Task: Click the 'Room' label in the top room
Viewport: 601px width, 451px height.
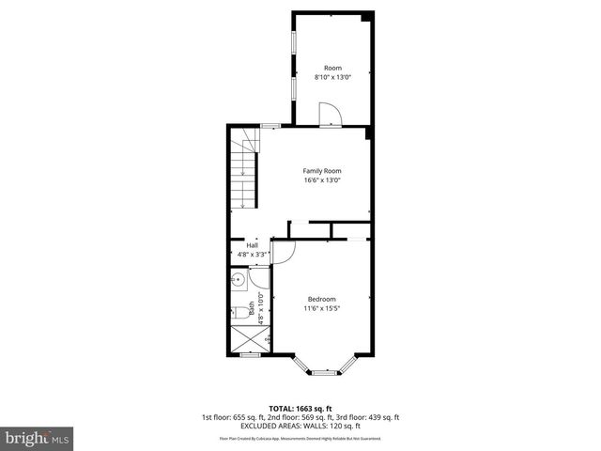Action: tap(332, 68)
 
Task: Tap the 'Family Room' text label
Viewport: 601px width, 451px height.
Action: tap(321, 170)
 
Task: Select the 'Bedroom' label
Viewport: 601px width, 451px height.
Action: tap(321, 299)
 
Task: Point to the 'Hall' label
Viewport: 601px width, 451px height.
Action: tap(252, 244)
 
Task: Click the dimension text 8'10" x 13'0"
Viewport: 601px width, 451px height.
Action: tap(332, 78)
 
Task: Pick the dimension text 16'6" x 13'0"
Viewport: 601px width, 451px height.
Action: tap(321, 180)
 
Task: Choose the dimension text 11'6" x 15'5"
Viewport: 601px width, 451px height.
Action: tap(321, 308)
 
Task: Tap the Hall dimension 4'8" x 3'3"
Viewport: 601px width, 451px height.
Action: tap(252, 254)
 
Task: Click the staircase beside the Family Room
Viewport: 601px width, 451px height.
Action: tap(243, 171)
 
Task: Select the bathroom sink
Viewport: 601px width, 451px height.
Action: tap(239, 280)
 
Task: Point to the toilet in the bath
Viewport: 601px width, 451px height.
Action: tap(239, 312)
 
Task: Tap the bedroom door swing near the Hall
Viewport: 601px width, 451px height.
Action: tap(285, 251)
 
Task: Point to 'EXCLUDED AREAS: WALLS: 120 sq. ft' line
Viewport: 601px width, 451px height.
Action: tap(300, 427)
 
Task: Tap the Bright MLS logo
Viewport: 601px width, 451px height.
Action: tap(37, 438)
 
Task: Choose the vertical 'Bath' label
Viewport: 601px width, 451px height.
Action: tap(252, 308)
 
